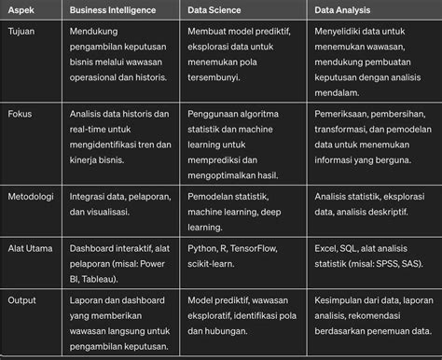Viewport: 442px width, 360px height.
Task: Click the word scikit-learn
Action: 212,266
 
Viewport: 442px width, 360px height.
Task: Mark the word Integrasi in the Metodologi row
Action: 90,198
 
